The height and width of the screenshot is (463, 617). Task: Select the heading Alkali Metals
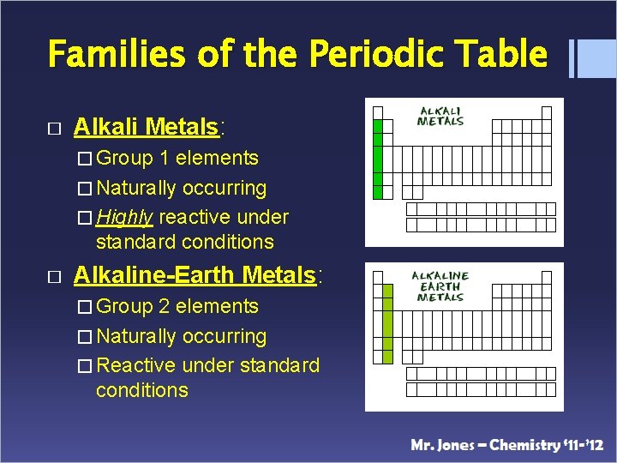click(147, 128)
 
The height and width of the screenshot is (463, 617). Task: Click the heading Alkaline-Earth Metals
click(195, 275)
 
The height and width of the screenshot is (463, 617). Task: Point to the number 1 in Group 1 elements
click(165, 158)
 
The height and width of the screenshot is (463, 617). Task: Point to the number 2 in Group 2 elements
click(165, 306)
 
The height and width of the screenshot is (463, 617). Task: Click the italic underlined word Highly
click(125, 217)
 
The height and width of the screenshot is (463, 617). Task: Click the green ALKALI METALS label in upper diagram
click(440, 117)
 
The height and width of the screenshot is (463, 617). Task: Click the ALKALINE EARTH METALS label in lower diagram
click(440, 286)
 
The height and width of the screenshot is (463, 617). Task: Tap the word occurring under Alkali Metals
click(225, 188)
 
